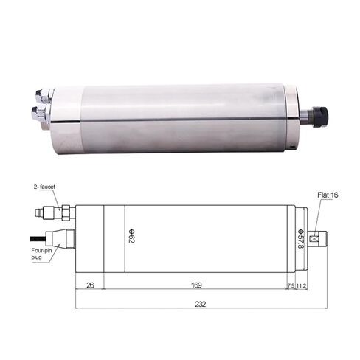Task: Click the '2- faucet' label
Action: (x=46, y=190)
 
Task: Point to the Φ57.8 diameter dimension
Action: (x=300, y=238)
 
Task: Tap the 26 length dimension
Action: (x=90, y=285)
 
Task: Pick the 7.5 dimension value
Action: (x=290, y=285)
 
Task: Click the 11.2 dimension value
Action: (x=302, y=285)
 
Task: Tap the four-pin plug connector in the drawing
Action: (x=60, y=238)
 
